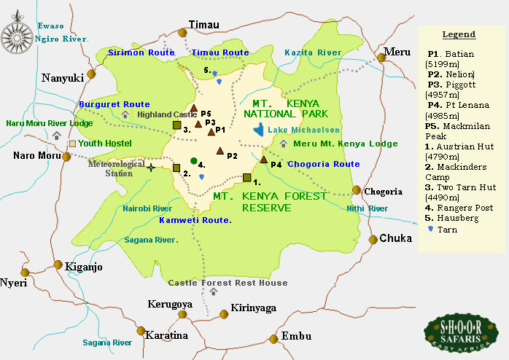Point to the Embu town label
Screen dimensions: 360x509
tap(296, 336)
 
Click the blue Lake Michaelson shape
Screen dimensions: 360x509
tap(259, 130)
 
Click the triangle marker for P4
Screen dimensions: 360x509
tap(264, 159)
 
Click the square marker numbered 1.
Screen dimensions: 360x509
tap(247, 178)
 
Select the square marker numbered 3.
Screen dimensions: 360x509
tap(176, 125)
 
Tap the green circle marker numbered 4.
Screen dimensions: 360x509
tap(193, 160)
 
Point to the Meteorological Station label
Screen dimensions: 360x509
tap(117, 168)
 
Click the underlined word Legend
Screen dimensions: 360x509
tap(459, 34)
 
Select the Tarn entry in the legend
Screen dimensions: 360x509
tap(446, 229)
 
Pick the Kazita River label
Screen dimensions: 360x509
tap(313, 52)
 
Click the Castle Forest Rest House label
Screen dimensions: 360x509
tap(228, 283)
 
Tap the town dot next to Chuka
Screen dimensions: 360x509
tap(373, 238)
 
